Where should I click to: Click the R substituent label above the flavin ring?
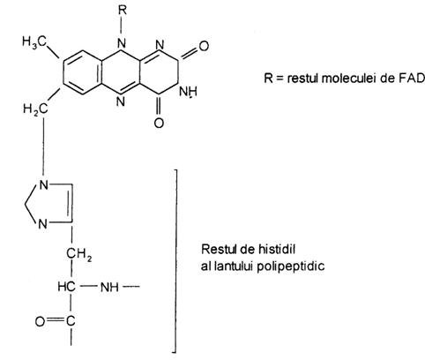point(123,11)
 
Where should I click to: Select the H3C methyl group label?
point(34,41)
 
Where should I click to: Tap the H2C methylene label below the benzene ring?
point(35,109)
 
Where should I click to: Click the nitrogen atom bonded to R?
point(121,44)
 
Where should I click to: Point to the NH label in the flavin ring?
point(188,92)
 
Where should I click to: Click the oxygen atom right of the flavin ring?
point(204,46)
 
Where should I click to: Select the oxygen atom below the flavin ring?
point(159,123)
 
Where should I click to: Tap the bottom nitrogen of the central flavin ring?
point(121,101)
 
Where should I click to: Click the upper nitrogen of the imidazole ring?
point(43,185)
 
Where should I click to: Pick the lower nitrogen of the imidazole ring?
point(43,224)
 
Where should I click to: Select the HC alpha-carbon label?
point(66,287)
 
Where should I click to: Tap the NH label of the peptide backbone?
point(109,287)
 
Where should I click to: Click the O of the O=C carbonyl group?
point(40,321)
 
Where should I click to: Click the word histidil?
point(277,249)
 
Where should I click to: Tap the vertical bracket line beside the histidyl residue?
point(176,261)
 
